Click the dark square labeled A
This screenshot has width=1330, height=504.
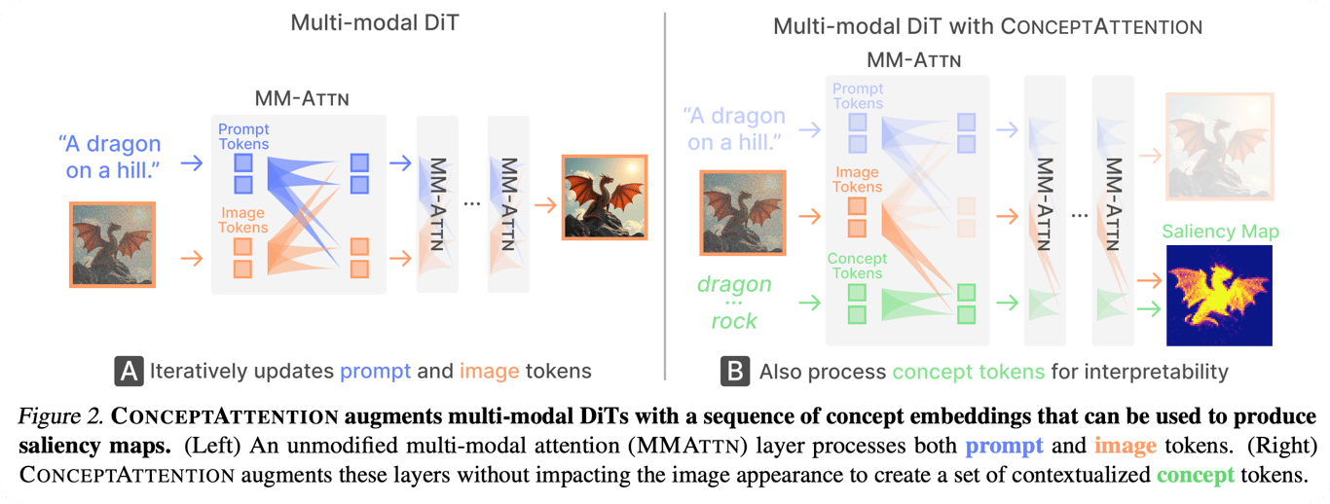[129, 371]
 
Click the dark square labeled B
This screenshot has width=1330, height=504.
[735, 371]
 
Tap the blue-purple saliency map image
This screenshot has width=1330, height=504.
[1219, 295]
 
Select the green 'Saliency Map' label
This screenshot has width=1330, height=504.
[1220, 231]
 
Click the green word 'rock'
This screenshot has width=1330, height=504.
[734, 321]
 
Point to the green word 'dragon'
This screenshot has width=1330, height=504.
[734, 284]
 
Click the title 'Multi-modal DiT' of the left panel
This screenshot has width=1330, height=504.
[375, 22]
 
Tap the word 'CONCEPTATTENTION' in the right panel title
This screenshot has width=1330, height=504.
[1101, 26]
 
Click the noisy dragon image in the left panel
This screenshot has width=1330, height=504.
[112, 244]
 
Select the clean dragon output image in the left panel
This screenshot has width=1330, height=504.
[605, 198]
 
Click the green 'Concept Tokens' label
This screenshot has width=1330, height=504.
[857, 266]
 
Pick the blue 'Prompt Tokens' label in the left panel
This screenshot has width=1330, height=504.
[243, 136]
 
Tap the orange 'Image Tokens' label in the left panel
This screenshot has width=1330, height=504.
[242, 220]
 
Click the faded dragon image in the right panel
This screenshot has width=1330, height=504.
[1220, 146]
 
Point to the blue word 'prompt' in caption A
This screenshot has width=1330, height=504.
[375, 372]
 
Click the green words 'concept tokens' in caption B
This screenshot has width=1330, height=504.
[969, 372]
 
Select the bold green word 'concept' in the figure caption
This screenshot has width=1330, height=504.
[1196, 475]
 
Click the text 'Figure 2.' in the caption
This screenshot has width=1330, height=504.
[60, 416]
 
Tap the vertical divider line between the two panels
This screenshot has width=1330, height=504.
[665, 196]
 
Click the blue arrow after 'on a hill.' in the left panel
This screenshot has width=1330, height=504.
[192, 162]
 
